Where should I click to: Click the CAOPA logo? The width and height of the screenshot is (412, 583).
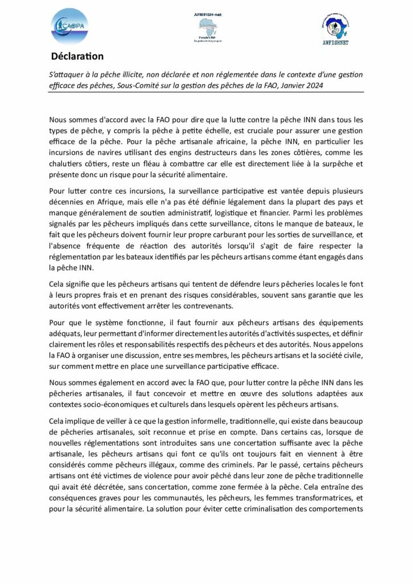69,26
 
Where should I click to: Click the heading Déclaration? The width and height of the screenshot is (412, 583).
77,56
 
